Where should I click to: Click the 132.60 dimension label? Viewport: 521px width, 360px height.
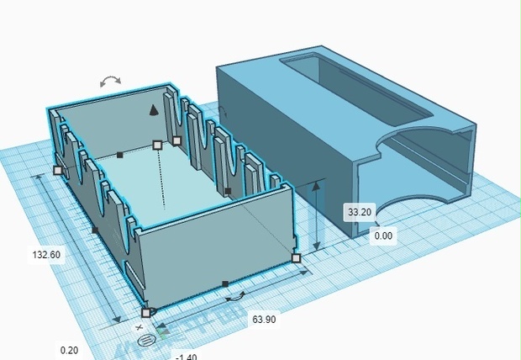pyautogui.click(x=46, y=255)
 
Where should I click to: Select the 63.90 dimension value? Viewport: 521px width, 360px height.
pyautogui.click(x=264, y=320)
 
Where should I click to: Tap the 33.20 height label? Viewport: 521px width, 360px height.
pyautogui.click(x=360, y=212)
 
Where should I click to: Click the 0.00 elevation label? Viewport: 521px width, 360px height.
pyautogui.click(x=383, y=236)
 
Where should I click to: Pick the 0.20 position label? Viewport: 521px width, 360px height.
pyautogui.click(x=69, y=351)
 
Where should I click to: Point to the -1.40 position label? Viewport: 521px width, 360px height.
pyautogui.click(x=186, y=357)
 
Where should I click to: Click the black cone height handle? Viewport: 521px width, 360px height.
pyautogui.click(x=153, y=110)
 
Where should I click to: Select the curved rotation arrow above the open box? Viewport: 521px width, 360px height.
pyautogui.click(x=110, y=81)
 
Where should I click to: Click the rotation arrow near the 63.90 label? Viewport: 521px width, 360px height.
pyautogui.click(x=235, y=297)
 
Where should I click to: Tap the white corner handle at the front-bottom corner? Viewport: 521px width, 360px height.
pyautogui.click(x=146, y=313)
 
